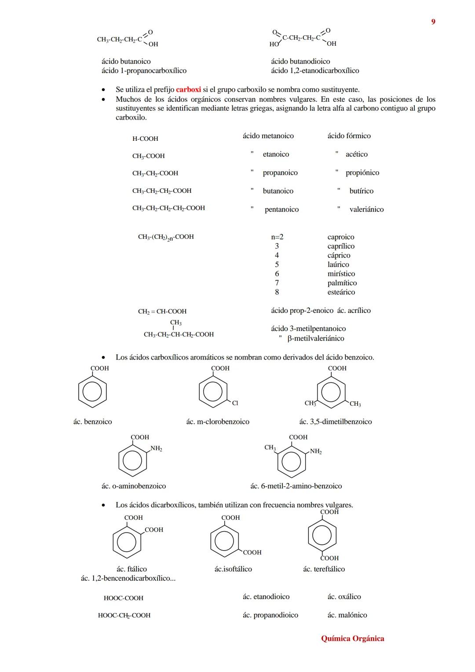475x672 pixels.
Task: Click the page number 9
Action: click(433, 22)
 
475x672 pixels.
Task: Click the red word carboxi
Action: click(188, 90)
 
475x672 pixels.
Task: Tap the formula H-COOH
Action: click(145, 139)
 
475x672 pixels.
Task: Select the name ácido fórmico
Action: click(349, 136)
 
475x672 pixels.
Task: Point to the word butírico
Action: click(362, 191)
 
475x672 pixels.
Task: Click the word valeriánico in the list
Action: click(366, 209)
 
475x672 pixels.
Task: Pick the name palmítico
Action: click(342, 283)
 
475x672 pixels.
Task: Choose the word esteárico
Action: click(341, 292)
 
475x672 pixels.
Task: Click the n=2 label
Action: click(277, 237)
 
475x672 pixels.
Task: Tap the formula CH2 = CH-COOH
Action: click(162, 312)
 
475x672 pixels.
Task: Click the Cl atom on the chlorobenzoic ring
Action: click(235, 403)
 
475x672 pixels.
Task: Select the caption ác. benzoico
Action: click(93, 422)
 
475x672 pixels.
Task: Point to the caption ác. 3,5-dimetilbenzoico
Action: click(336, 422)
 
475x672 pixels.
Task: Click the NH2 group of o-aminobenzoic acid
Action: click(156, 448)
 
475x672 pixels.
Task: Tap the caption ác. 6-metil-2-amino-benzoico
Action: click(296, 486)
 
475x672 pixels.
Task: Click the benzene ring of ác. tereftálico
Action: click(322, 536)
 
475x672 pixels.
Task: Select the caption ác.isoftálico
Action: click(233, 569)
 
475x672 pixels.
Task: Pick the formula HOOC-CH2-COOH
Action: click(124, 616)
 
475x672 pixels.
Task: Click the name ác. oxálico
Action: click(344, 597)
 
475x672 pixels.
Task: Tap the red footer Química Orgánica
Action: click(352, 639)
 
